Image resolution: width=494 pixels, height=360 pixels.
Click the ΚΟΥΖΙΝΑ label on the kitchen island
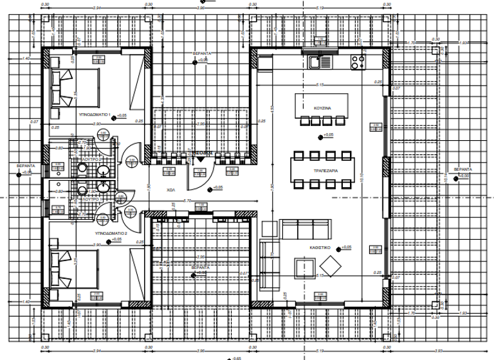[x=322, y=109]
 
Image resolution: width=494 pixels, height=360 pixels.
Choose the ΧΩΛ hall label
[x=171, y=191]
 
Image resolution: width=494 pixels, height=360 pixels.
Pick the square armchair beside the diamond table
[x=304, y=267]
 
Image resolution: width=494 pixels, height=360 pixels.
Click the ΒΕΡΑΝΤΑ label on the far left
[x=26, y=165]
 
